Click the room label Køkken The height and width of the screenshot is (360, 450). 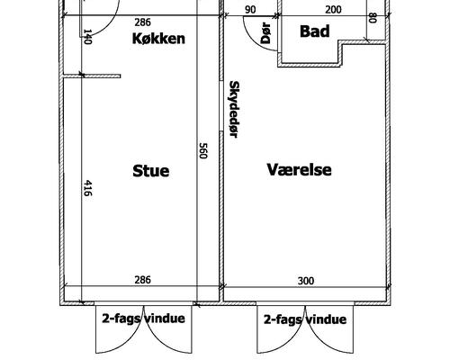coord(158,39)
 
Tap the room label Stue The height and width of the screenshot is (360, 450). coord(151,171)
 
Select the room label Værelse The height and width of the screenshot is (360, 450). coord(299,169)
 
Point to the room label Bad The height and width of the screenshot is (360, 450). coord(315,31)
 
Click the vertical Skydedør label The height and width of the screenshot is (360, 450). coord(234,109)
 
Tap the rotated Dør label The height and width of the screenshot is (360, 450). coord(265,33)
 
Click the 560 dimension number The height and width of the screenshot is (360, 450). coord(203,151)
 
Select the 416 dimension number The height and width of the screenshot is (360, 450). coord(87,188)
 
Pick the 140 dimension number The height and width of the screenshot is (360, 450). coord(87,37)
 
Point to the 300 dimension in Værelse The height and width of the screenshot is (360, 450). coord(306,281)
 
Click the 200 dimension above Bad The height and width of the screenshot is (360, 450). coord(333,10)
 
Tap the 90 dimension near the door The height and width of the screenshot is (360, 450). coord(250,10)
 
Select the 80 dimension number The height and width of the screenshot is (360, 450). coord(373,18)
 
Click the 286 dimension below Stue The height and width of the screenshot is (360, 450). coord(142,280)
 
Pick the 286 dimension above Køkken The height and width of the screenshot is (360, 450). coord(142,22)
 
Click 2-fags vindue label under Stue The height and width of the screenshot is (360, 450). coord(143,319)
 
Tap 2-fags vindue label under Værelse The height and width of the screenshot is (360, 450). coord(305,319)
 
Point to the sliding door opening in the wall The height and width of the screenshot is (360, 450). coord(221,106)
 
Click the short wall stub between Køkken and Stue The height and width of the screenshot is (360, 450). coord(92,76)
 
